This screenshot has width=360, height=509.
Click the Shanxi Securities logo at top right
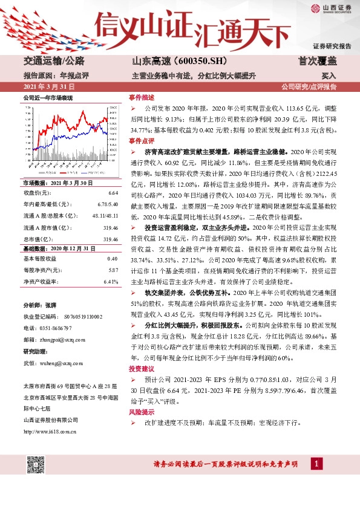[332, 8]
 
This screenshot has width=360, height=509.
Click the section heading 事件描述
[141, 97]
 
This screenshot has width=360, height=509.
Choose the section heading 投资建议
[141, 368]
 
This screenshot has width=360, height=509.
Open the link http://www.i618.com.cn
[50, 431]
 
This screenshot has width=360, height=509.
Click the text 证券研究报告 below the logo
[332, 46]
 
